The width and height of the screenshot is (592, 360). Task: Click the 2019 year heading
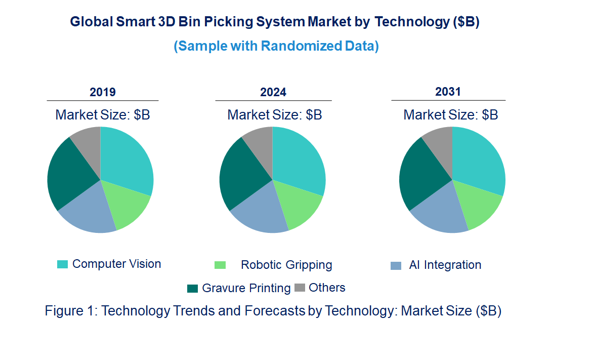click(x=103, y=92)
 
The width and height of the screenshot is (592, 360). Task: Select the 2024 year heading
click(x=273, y=92)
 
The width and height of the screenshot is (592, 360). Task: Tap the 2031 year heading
click(x=448, y=92)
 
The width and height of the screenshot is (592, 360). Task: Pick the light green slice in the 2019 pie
click(x=126, y=205)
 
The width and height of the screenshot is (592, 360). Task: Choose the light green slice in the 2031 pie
click(x=478, y=205)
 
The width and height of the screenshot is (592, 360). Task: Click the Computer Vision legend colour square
click(x=62, y=264)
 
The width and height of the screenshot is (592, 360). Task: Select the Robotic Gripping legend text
click(x=286, y=265)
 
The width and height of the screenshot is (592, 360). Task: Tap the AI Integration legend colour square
click(x=397, y=266)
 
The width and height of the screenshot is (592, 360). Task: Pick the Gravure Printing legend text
click(x=246, y=289)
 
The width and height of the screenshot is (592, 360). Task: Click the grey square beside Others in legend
click(x=300, y=288)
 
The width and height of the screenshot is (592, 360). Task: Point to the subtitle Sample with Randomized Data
click(x=276, y=46)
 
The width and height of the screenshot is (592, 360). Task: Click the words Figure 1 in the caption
click(x=69, y=311)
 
